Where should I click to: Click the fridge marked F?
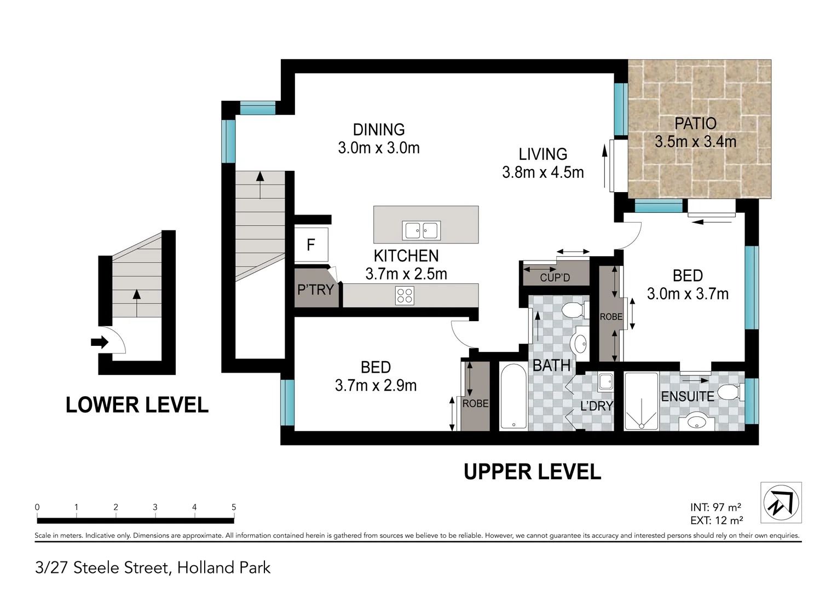click(x=311, y=245)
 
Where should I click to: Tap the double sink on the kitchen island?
click(x=421, y=230)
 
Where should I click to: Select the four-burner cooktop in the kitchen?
click(x=405, y=296)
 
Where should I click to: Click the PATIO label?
click(x=695, y=123)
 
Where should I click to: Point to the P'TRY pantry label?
click(x=315, y=289)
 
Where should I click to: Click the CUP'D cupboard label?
click(x=555, y=277)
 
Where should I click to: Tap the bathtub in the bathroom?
click(x=514, y=396)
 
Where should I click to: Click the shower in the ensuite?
click(x=641, y=401)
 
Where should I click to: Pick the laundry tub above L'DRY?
click(x=605, y=382)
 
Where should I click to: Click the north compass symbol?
click(x=781, y=502)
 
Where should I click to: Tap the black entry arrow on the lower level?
click(x=100, y=342)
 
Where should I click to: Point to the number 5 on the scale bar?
click(x=234, y=507)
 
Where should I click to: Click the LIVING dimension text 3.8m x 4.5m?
click(x=543, y=172)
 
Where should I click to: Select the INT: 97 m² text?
click(x=715, y=507)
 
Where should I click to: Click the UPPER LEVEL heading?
click(x=533, y=472)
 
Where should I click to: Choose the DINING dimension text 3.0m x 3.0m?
click(x=379, y=148)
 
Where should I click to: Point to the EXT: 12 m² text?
click(x=717, y=520)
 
